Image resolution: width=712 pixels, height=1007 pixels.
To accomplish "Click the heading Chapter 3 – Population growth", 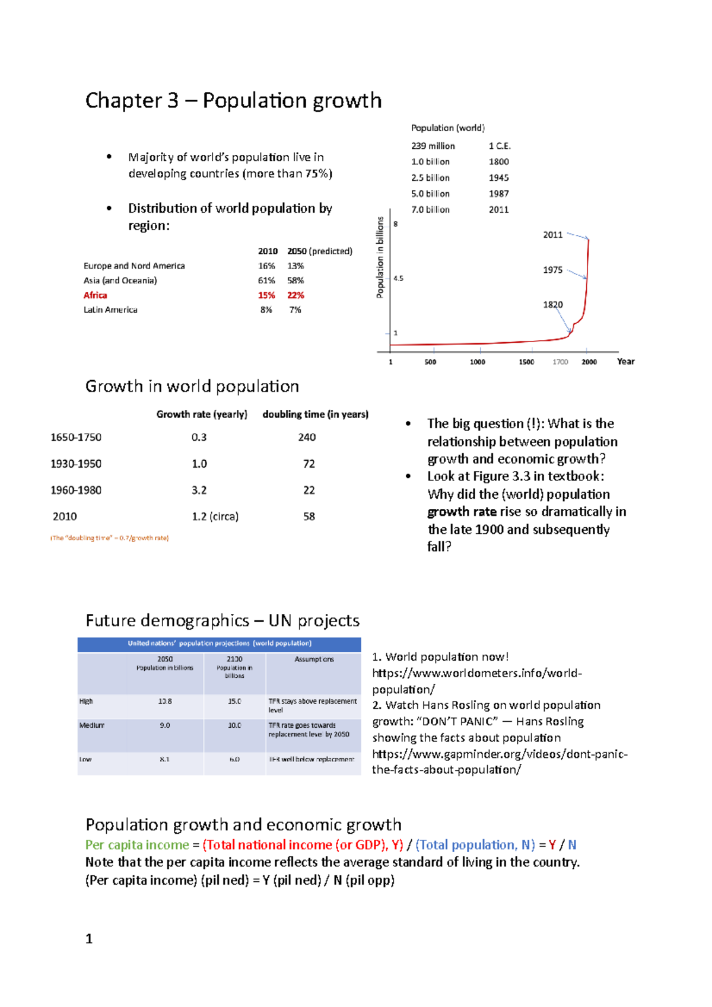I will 233,101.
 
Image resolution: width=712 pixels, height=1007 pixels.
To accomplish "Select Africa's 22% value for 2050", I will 295,295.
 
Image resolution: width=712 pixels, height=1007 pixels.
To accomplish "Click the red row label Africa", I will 95,295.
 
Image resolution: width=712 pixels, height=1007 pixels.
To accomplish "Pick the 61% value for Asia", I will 266,281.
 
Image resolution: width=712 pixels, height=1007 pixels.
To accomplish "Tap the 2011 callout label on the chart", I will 552,235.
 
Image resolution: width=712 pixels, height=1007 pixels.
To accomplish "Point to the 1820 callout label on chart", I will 552,305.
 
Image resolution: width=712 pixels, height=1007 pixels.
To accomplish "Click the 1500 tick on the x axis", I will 526,362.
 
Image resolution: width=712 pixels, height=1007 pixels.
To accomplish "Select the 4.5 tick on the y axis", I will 399,278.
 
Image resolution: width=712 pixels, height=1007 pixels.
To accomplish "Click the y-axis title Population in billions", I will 380,257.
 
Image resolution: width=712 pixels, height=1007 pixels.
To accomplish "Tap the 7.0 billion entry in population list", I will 430,209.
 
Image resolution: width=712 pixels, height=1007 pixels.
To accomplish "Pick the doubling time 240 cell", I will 307,437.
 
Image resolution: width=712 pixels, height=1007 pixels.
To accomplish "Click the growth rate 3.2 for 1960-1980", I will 199,490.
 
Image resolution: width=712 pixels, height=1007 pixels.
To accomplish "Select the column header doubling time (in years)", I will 315,414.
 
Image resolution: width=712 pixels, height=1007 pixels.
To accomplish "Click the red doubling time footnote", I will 110,538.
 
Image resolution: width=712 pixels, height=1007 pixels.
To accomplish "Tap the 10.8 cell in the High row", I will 165,701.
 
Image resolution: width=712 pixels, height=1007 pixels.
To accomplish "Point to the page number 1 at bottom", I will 89,939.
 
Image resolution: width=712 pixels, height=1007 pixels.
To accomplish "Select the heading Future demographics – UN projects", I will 223,620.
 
